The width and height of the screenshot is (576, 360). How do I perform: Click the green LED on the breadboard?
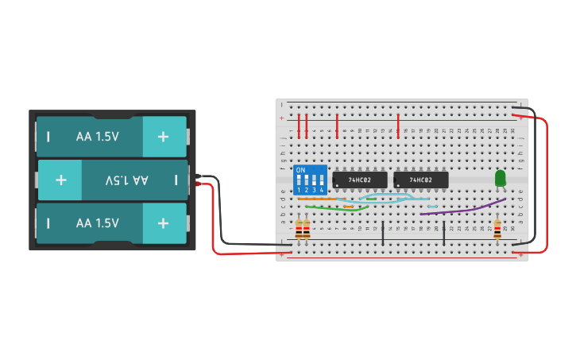pos(500,179)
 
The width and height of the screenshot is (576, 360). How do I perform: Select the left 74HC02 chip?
pos(360,180)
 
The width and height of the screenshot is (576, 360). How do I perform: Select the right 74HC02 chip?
pos(421,180)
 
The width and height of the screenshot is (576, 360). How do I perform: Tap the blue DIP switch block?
pos(311,180)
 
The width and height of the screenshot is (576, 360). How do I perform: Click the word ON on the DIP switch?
pos(300,170)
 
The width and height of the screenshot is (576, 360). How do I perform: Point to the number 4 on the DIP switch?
pos(322,191)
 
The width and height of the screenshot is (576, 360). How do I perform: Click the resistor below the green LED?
pos(497,230)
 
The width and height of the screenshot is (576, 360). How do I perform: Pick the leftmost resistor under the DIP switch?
pos(299,230)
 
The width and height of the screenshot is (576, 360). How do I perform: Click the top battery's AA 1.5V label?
pos(98,137)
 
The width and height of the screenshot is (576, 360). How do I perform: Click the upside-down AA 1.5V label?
pos(127,180)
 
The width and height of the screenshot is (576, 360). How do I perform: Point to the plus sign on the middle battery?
pos(61,180)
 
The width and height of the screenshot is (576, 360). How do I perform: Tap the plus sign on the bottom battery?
pos(163,223)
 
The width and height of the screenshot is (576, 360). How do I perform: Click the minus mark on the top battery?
pos(48,137)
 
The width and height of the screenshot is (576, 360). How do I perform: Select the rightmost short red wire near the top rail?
pos(398,125)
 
